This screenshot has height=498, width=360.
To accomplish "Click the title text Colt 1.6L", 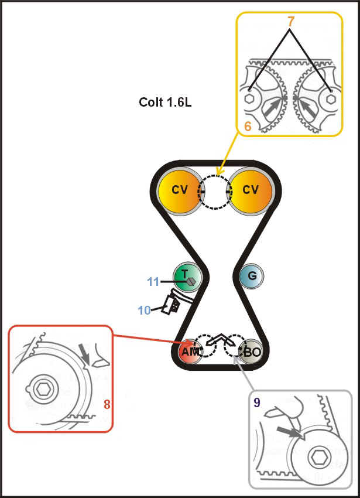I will point(165,102).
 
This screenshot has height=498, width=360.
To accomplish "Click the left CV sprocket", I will point(179,190).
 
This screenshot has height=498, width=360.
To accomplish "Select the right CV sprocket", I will point(251,190).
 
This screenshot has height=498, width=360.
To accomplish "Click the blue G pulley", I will point(252,275).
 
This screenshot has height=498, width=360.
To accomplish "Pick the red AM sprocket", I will point(188,352).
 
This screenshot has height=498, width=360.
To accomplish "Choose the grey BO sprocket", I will point(252,352).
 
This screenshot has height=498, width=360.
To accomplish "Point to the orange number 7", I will point(291,22).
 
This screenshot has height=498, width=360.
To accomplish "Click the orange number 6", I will point(248,126).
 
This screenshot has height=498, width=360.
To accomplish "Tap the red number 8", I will point(107,404).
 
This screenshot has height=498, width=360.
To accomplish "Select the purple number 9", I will point(257,403).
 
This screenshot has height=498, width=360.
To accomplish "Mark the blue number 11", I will point(153,282).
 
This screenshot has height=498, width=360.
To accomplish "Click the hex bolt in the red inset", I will point(40,388).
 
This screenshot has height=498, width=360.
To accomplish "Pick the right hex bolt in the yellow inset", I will point(330,99).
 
